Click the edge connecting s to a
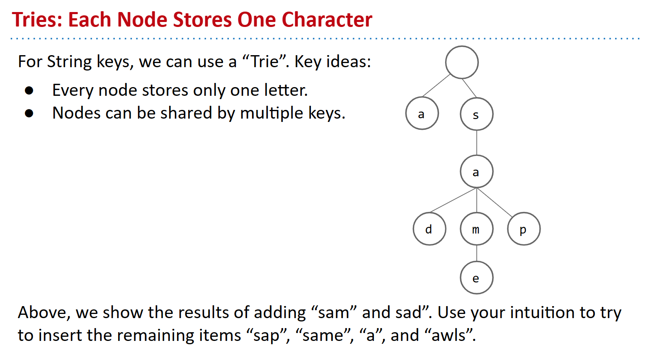(477, 143)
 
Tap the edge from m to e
(477, 253)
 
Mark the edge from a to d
(453, 200)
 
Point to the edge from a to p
(495, 202)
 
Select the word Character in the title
(327, 19)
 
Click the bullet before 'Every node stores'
(29, 90)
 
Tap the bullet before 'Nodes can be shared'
(29, 113)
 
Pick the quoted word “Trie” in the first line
(265, 61)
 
